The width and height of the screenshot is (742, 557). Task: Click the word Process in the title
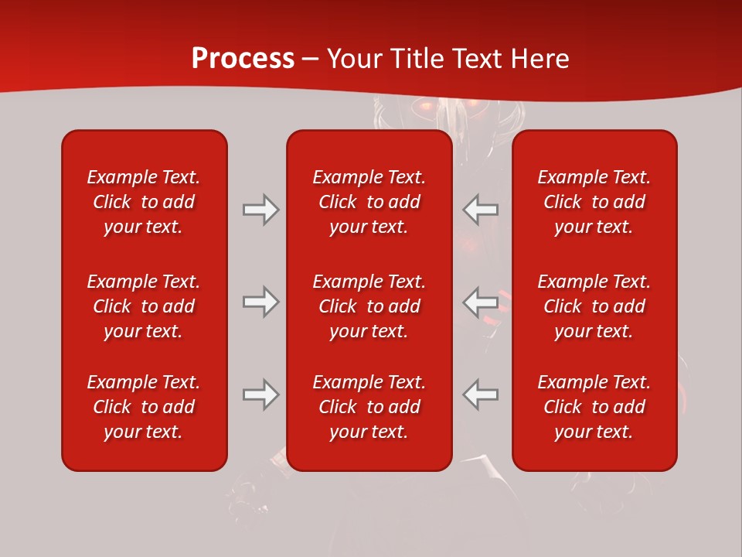click(243, 59)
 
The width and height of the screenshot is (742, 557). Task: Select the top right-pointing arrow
click(260, 210)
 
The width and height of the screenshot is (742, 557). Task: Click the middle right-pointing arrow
click(260, 302)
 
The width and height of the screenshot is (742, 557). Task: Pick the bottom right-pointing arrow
click(260, 395)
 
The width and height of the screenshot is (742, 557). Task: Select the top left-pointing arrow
click(480, 210)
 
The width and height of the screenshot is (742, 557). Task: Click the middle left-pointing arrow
click(480, 302)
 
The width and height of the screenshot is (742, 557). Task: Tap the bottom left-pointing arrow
click(480, 395)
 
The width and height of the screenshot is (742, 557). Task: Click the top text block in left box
click(144, 202)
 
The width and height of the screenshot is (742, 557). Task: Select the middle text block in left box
click(144, 306)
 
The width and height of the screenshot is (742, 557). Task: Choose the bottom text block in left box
click(144, 407)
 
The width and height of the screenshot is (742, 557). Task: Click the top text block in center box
click(369, 202)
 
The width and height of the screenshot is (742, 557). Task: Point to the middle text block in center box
click(369, 306)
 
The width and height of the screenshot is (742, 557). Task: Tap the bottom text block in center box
click(369, 407)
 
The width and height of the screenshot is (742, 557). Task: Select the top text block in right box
click(594, 202)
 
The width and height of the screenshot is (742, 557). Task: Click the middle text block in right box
click(594, 306)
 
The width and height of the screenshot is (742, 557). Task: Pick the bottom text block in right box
click(594, 407)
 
